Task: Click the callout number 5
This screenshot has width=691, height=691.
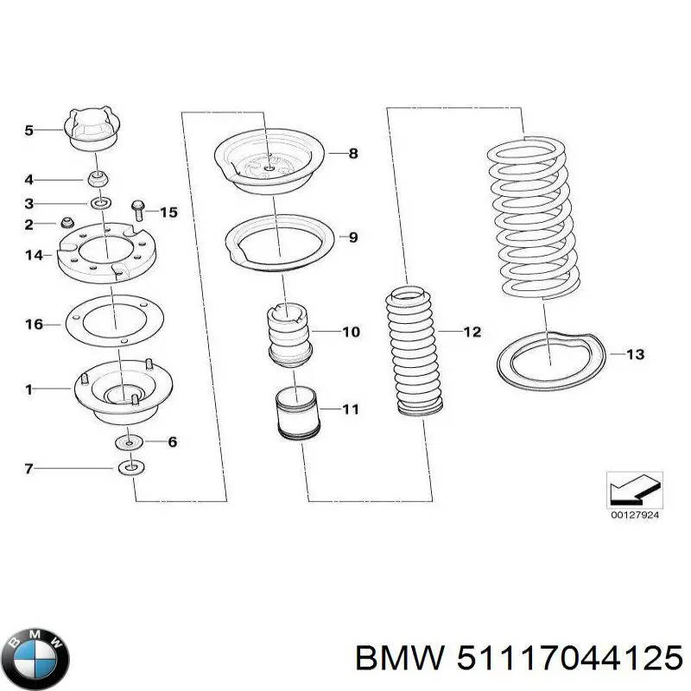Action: [29, 130]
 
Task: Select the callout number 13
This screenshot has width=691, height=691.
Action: [635, 354]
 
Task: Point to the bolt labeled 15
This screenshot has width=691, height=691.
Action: [138, 209]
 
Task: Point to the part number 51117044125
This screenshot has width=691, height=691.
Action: [562, 660]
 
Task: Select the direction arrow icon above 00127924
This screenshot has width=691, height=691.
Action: [633, 491]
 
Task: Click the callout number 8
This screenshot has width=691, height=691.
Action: [352, 154]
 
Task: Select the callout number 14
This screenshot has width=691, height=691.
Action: [33, 255]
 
